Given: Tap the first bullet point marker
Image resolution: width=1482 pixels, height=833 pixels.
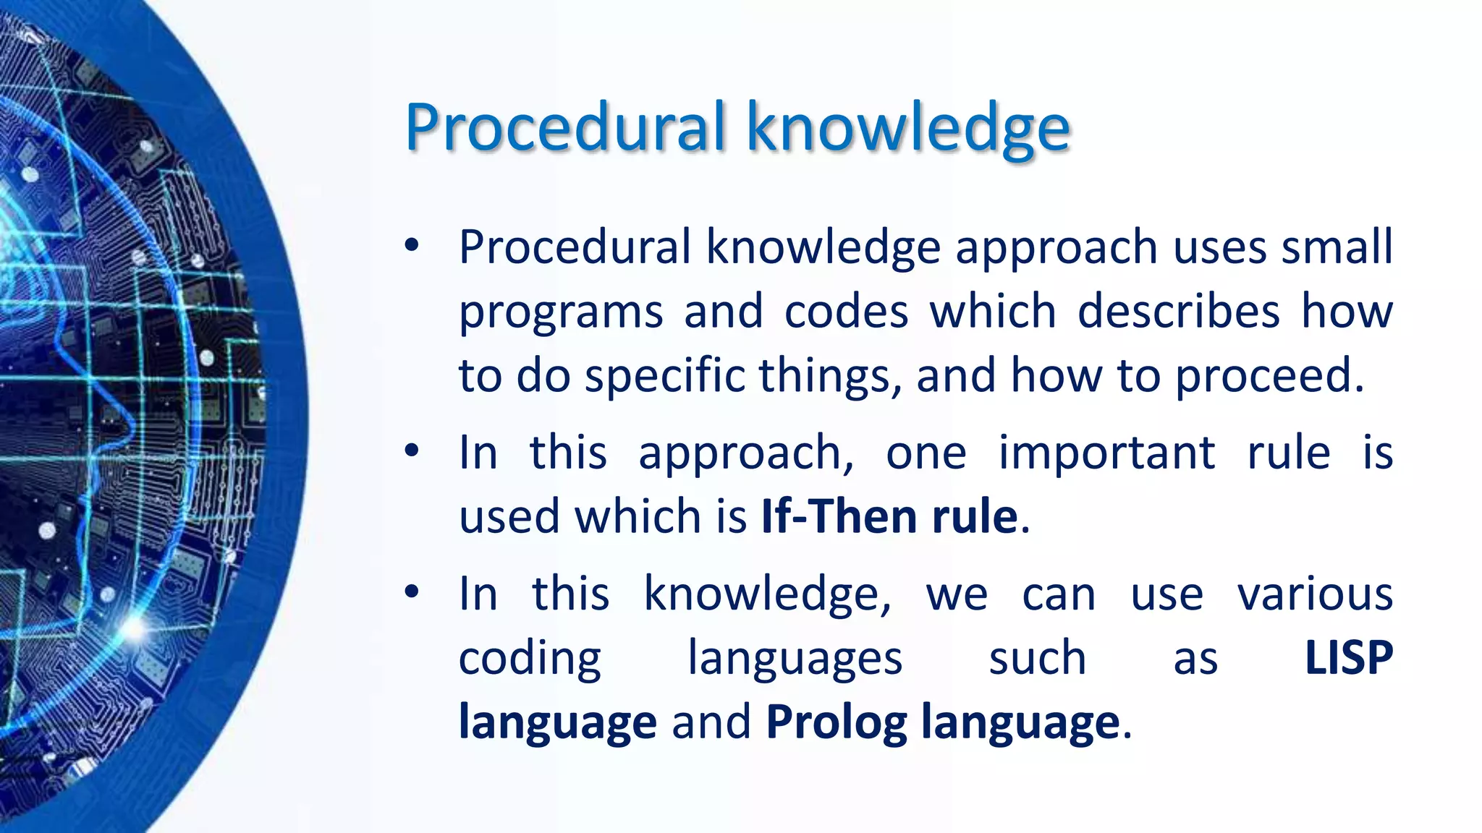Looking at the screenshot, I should point(412,245).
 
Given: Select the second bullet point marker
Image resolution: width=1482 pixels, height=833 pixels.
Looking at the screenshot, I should point(412,451).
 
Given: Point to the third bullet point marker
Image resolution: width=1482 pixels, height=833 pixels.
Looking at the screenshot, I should point(412,592).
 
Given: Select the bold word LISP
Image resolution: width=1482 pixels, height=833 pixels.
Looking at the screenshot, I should point(1348,658).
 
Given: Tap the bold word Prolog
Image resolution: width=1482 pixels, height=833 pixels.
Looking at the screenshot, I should point(836,722).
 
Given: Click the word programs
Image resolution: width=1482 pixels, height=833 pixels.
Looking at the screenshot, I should point(561,312).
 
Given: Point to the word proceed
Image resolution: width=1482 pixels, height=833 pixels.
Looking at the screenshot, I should point(1269,376).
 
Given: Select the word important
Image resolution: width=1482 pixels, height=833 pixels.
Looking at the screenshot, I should point(1106,453).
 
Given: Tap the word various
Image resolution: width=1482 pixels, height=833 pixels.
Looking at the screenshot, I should point(1315,594).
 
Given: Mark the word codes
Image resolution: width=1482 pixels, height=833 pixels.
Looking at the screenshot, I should point(846,311).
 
